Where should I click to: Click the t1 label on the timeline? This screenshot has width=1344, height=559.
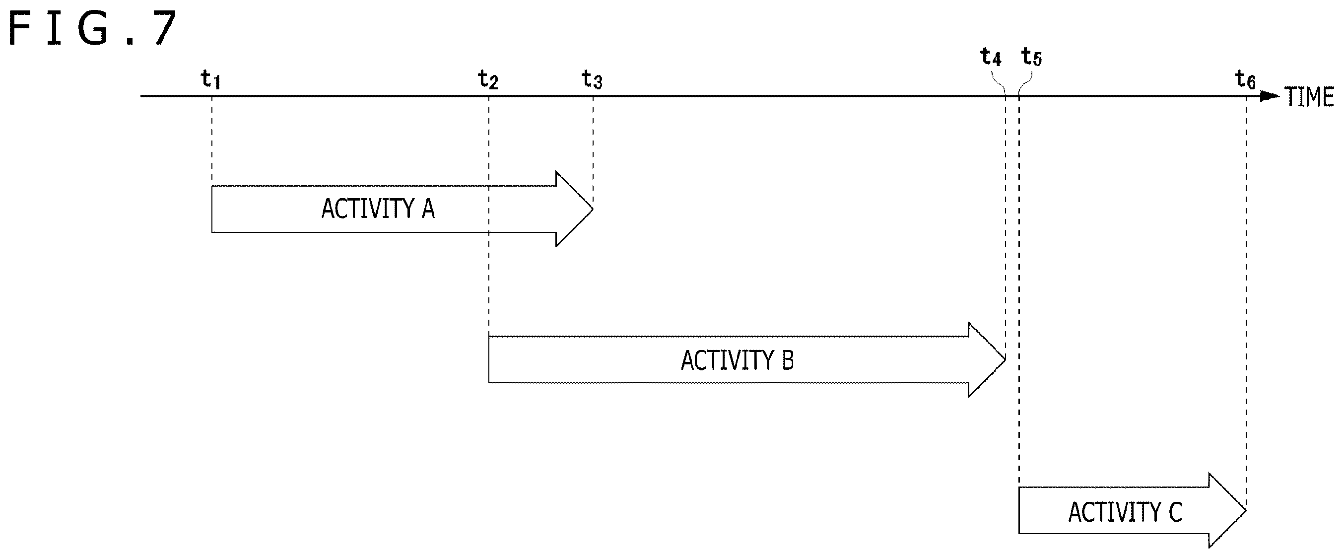click(x=211, y=80)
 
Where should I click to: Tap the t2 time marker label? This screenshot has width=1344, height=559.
click(x=488, y=80)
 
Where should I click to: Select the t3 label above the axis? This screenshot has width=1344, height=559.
click(x=592, y=80)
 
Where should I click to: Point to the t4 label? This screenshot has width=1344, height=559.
click(x=991, y=57)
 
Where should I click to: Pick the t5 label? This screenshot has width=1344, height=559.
click(x=1031, y=57)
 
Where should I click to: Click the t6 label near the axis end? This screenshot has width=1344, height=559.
click(x=1245, y=80)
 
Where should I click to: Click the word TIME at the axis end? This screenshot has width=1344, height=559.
click(x=1309, y=97)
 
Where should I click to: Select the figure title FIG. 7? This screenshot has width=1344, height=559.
click(x=93, y=29)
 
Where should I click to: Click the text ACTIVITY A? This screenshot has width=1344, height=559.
click(x=378, y=209)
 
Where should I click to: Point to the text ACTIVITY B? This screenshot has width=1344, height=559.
click(x=737, y=360)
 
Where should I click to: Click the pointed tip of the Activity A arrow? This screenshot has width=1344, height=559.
click(x=593, y=209)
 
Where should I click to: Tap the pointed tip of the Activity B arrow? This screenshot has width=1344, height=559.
click(x=1005, y=359)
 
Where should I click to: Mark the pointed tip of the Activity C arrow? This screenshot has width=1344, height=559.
click(x=1246, y=510)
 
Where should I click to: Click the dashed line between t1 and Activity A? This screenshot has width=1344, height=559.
click(x=212, y=141)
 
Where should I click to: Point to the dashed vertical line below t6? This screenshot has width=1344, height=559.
click(x=1246, y=303)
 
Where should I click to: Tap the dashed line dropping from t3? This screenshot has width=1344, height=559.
click(x=593, y=151)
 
